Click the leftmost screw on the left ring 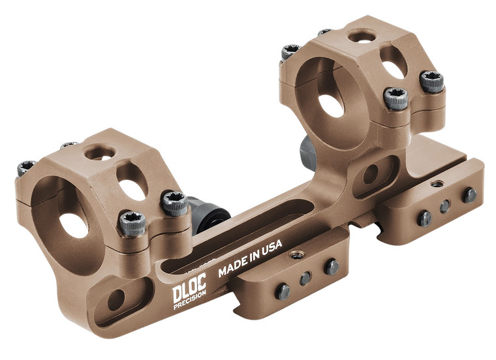[x=25, y=168]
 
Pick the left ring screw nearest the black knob [x=174, y=202]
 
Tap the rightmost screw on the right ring [x=432, y=82]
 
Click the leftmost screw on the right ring [x=290, y=52]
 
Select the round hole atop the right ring [x=361, y=37]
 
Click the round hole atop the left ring [x=99, y=153]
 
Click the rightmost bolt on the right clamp [x=469, y=195]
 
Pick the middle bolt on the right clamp [x=445, y=205]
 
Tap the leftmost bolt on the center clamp [x=283, y=292]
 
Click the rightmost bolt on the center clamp [x=331, y=266]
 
